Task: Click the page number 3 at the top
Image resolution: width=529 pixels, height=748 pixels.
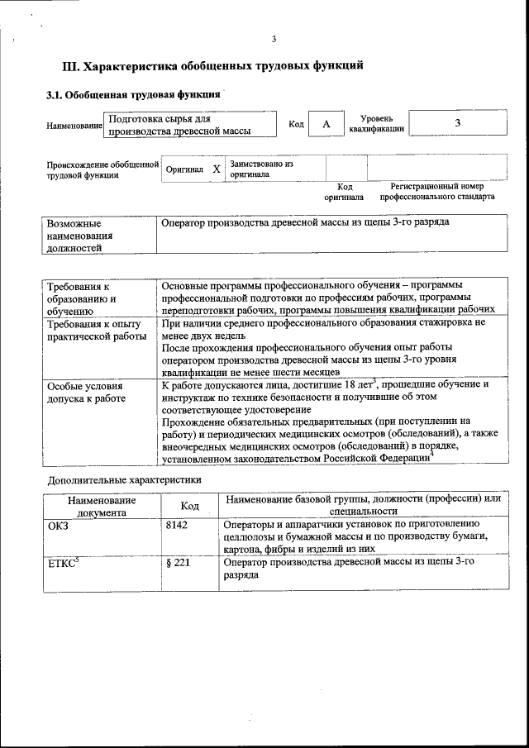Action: tap(274, 39)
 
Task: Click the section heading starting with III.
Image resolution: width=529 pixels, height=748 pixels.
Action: tap(213, 65)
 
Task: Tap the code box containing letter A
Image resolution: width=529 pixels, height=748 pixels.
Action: tap(326, 124)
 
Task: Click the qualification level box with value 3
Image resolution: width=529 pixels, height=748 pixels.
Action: tap(457, 123)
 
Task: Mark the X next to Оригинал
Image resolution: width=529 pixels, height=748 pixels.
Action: tap(216, 169)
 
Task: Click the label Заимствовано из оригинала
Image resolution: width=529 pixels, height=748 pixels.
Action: tap(262, 169)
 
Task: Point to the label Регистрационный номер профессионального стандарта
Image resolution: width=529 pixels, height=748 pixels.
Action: tap(437, 193)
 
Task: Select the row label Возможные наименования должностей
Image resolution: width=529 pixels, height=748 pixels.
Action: tap(79, 235)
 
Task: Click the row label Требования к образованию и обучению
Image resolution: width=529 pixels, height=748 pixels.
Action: tap(81, 298)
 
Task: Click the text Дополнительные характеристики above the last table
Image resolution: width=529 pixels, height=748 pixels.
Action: tap(123, 479)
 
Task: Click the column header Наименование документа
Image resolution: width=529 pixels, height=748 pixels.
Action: tap(102, 506)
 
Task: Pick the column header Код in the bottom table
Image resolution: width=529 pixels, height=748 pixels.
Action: tap(189, 506)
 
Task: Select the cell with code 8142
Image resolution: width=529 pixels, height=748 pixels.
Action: tap(177, 524)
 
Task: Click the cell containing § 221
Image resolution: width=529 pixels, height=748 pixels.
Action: tap(178, 563)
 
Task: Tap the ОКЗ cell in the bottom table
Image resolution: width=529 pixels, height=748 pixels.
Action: tap(59, 524)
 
